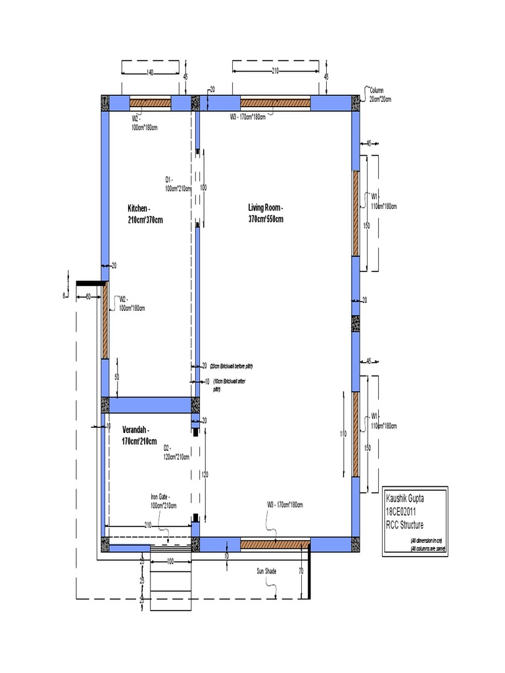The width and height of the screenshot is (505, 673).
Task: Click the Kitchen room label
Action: [145, 214]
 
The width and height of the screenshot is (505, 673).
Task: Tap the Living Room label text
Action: [266, 214]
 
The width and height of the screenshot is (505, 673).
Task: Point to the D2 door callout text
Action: [176, 452]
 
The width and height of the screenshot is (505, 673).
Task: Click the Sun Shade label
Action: [266, 571]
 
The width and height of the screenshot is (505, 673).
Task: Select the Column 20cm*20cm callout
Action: [381, 94]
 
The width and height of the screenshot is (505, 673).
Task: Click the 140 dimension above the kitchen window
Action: [150, 72]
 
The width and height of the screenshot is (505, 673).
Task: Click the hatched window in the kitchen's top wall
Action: [150, 103]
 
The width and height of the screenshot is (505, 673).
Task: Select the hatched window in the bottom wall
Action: [274, 544]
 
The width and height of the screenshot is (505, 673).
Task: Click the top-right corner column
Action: [356, 103]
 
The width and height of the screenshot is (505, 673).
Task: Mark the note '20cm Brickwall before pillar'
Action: [231, 365]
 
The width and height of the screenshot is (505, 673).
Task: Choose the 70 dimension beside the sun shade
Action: [301, 571]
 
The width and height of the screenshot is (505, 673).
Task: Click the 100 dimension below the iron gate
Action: [170, 562]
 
